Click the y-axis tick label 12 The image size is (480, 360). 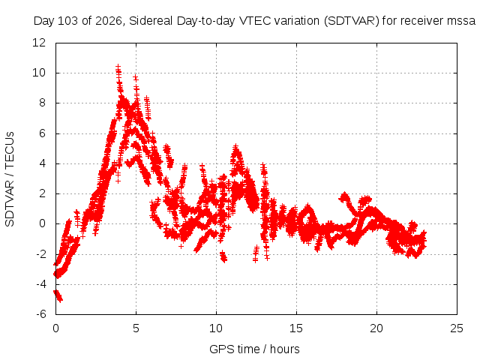(39, 43)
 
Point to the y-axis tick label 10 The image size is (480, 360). (39, 73)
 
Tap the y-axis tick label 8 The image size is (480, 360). (42, 103)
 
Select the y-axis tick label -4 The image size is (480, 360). (40, 284)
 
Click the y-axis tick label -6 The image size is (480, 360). (40, 314)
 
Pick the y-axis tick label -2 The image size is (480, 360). (40, 253)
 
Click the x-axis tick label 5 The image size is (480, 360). (136, 328)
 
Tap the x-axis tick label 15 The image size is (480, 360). (296, 328)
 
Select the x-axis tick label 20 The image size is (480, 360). (376, 328)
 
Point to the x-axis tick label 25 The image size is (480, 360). (457, 328)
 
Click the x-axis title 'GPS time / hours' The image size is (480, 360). (254, 349)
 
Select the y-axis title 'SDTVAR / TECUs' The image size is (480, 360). (10, 179)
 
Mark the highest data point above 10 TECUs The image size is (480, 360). (118, 67)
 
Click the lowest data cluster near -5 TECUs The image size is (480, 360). (58, 295)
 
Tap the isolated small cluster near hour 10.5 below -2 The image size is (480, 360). (223, 256)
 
